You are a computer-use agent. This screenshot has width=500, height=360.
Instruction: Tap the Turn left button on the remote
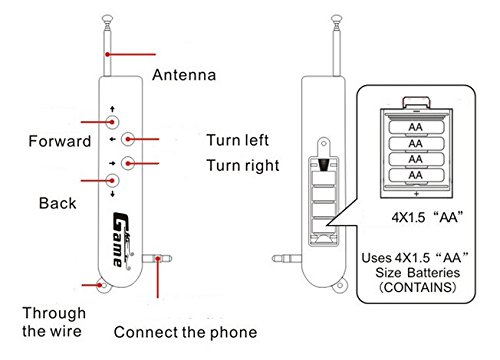click(127, 140)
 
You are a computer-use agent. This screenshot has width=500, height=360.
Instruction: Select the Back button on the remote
click(112, 180)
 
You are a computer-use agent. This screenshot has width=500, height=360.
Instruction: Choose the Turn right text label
click(243, 165)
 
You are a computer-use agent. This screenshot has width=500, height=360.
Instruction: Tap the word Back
click(57, 203)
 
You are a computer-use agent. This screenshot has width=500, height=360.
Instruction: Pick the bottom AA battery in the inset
click(414, 175)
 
